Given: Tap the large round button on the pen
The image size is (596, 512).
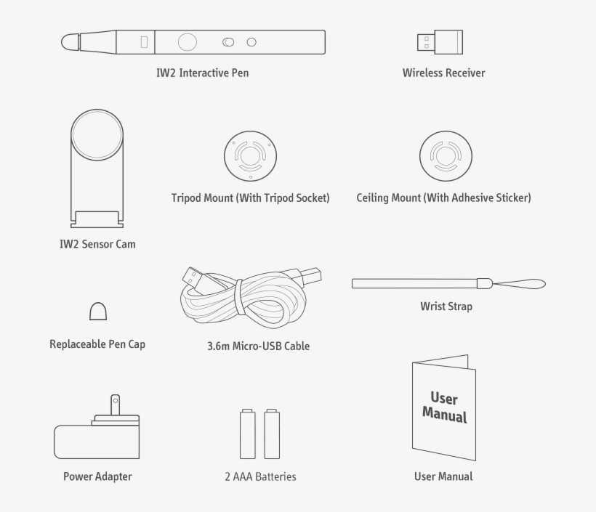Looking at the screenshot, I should tap(188, 42).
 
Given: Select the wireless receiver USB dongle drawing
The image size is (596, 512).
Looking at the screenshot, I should tap(433, 41).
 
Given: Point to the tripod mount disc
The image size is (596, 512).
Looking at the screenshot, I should tap(250, 156).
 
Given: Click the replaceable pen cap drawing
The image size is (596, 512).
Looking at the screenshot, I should tap(98, 311).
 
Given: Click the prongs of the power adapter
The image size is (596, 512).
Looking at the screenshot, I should tap(114, 407).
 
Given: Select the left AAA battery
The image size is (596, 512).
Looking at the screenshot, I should tap(248, 434).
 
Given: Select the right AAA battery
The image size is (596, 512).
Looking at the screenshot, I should tap(272, 434).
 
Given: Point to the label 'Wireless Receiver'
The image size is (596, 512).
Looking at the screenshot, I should tap(443, 73).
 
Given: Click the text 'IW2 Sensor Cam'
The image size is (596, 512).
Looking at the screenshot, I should tap(97, 244).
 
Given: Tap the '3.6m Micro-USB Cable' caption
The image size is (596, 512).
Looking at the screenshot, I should tap(258, 346).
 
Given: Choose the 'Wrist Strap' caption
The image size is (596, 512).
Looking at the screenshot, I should tap(446, 306).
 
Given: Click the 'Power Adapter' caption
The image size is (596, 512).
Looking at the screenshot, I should tap(97, 477).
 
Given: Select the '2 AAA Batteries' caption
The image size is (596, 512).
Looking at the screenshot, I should tap(260, 477).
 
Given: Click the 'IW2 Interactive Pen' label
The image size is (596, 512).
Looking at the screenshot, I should tap(203, 73).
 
